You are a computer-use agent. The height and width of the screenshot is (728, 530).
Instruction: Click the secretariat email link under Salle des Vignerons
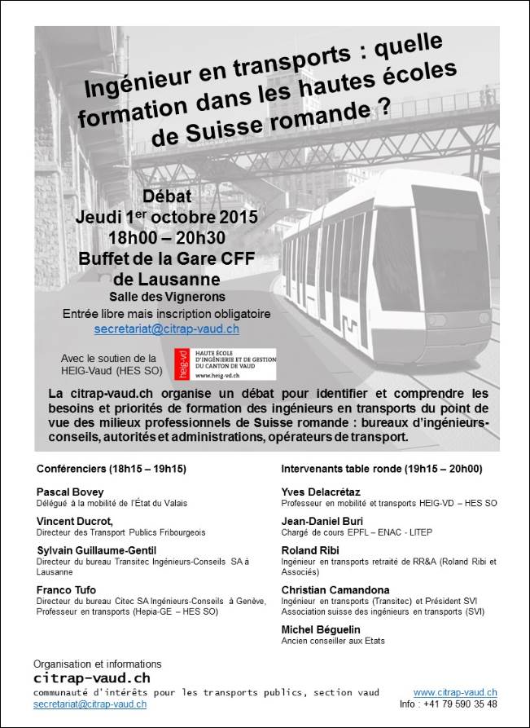coord(166,329)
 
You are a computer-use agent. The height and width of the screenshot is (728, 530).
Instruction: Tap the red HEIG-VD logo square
coord(180,364)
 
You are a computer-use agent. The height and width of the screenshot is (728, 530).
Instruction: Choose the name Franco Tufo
coord(67,589)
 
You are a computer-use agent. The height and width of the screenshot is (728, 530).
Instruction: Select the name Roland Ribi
coord(309,550)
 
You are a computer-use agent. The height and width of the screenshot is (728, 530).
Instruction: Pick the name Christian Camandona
coord(335,589)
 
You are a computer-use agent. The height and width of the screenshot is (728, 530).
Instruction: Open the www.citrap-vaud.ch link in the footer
coord(455,692)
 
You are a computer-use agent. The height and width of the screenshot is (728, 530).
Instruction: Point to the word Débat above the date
coord(166,196)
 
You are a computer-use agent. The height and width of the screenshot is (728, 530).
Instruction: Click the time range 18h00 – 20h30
coord(166,238)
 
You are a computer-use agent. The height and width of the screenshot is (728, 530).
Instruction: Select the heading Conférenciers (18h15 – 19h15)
coord(112,469)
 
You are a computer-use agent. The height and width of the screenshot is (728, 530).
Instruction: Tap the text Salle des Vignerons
coord(166,296)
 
